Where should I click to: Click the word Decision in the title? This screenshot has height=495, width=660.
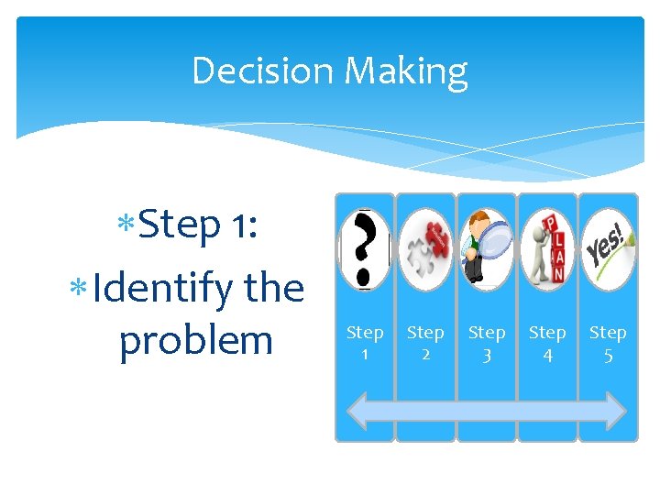(257, 71)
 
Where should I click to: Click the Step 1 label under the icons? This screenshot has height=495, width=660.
(365, 342)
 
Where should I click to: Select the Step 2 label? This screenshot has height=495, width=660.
(425, 342)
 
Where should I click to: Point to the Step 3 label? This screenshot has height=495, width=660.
(486, 342)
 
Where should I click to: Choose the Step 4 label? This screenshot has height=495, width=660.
(547, 342)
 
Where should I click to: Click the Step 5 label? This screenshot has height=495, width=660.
(608, 342)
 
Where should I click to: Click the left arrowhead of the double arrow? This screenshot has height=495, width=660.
(353, 411)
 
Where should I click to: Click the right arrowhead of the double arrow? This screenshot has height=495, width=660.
(617, 411)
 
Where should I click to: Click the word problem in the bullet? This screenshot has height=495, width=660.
(196, 341)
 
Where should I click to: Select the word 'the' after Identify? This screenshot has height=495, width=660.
(274, 288)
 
